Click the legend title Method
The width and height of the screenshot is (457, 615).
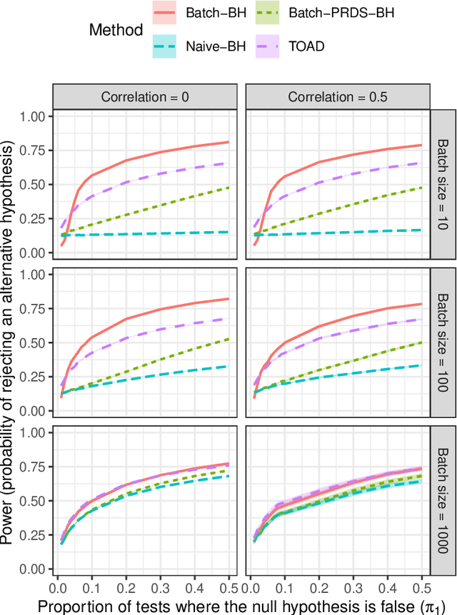point(116,29)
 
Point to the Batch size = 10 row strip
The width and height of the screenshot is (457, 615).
point(442,184)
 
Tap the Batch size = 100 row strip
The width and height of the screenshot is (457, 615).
point(442,343)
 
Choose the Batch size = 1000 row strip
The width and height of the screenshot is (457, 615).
point(442,502)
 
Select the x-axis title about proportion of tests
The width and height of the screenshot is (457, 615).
point(241,604)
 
